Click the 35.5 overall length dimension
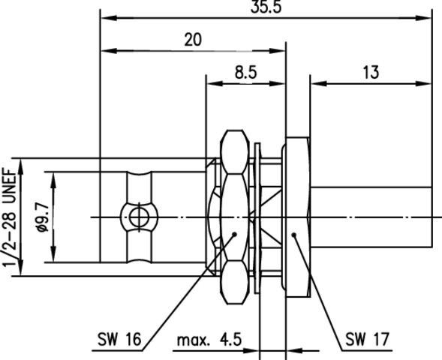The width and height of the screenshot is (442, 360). (266, 7)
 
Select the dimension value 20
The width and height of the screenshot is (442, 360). (193, 40)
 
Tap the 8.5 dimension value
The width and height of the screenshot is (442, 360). (246, 73)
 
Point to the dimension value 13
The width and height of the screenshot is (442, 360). (371, 72)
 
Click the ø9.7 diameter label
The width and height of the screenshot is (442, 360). (43, 217)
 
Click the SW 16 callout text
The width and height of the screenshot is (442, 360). (119, 339)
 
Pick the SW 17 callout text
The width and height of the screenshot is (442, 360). (367, 339)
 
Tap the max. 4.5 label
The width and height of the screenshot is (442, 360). (209, 340)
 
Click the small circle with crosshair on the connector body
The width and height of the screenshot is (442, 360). (139, 217)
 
